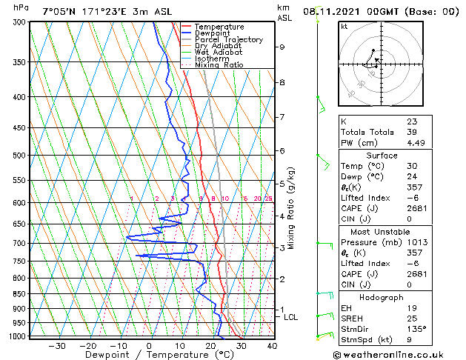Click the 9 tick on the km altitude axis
282,47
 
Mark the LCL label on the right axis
291,317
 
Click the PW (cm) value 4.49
416,144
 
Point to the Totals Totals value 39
412,132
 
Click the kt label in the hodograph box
344,26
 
